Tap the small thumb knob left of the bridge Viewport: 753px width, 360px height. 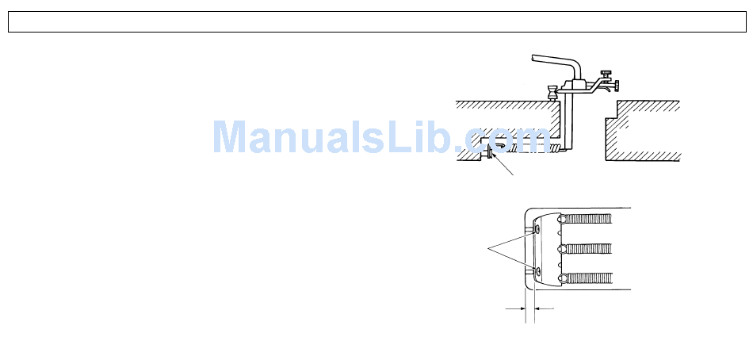pyautogui.click(x=551, y=92)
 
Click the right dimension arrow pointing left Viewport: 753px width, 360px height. pyautogui.click(x=541, y=306)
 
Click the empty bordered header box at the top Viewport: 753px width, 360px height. pyautogui.click(x=376, y=21)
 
